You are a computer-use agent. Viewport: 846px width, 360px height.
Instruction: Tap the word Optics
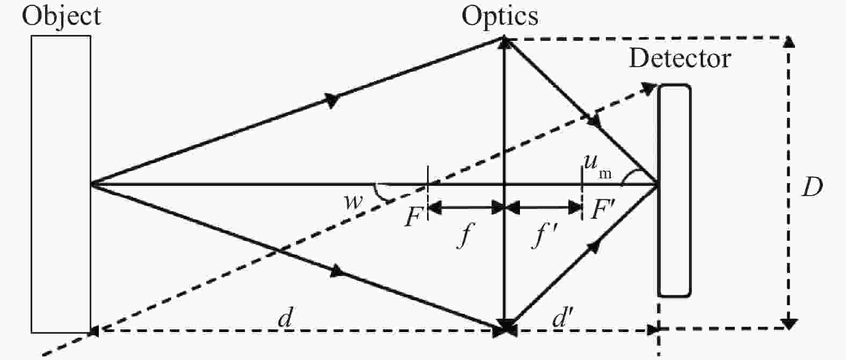click(x=500, y=17)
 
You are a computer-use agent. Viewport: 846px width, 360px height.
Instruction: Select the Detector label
click(x=680, y=59)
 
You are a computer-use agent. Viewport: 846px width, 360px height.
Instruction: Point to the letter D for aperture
click(x=812, y=188)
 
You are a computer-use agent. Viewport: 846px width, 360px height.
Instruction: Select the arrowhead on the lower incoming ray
click(x=337, y=271)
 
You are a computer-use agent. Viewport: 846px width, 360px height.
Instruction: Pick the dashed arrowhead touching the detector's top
click(x=649, y=89)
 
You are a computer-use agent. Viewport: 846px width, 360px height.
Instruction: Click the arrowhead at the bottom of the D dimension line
click(x=789, y=324)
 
